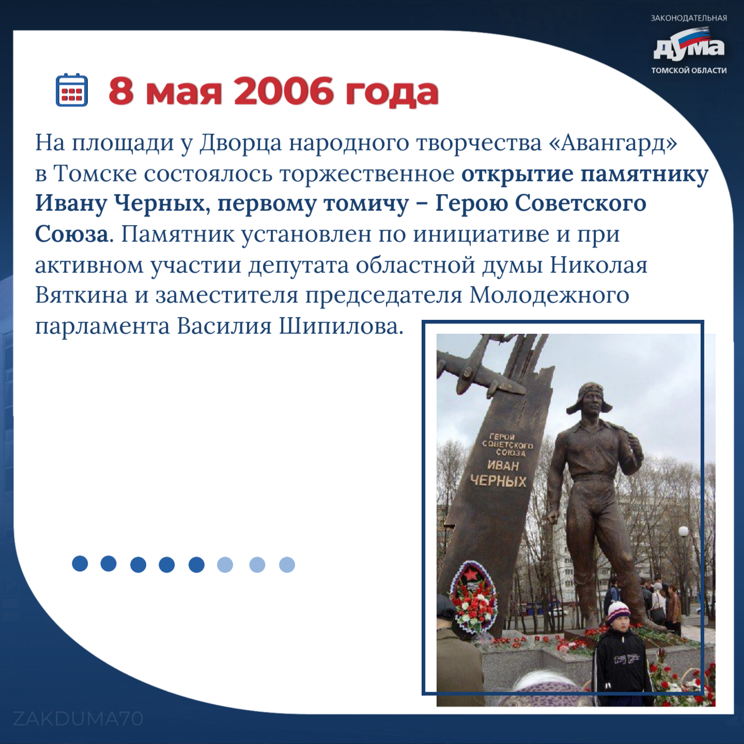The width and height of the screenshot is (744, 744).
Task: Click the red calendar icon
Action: [x=72, y=89]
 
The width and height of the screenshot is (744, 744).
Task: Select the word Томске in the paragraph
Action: [x=95, y=174]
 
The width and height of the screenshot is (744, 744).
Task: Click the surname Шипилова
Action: [x=341, y=327]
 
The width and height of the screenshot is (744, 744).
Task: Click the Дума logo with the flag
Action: [x=689, y=44]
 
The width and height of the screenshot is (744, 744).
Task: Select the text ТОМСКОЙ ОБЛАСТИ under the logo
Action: [x=689, y=70]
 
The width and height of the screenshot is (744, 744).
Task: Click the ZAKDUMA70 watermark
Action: [x=78, y=719]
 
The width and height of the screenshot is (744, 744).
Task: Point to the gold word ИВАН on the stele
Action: [x=503, y=466]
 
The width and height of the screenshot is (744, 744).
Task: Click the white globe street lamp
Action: [x=684, y=532]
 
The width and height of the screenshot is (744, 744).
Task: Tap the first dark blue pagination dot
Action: [x=80, y=563]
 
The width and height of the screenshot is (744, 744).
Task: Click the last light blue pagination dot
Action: [x=287, y=565]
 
